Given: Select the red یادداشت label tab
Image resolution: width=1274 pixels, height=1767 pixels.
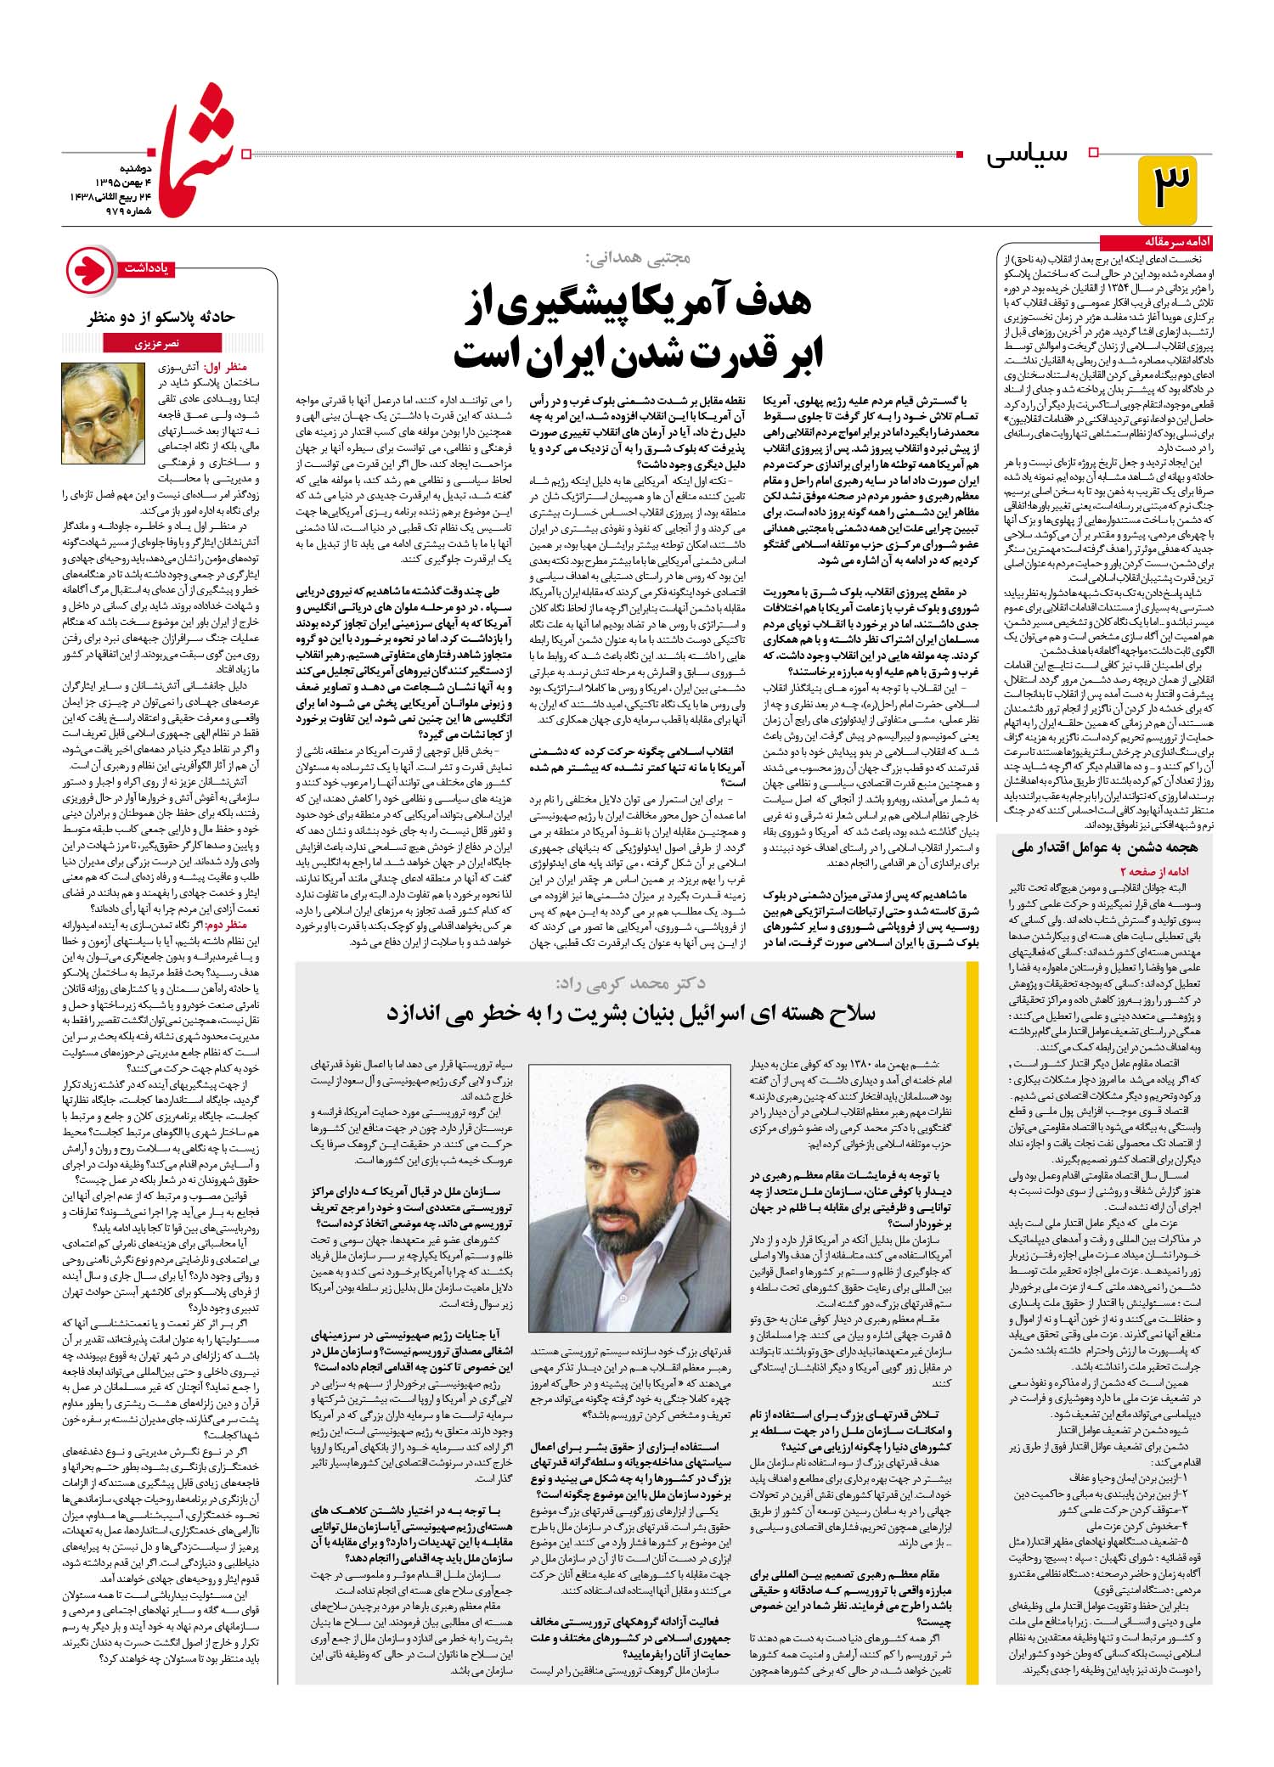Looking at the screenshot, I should [147, 268].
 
